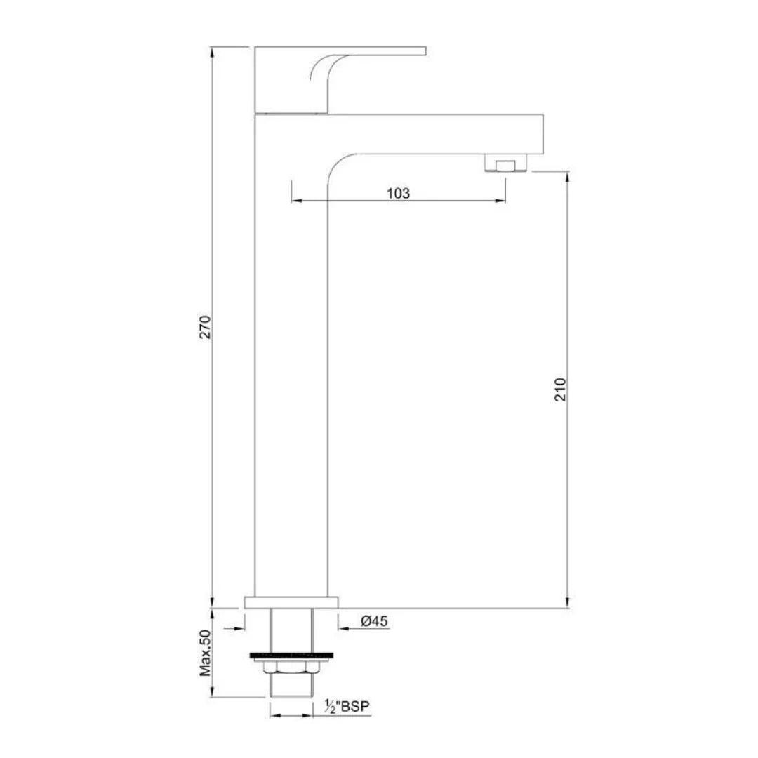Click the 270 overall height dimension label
coord(205,327)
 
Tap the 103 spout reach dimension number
coord(398,193)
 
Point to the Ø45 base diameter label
coord(374,621)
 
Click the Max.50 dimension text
coord(206,653)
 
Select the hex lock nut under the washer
coord(290,667)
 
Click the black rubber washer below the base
coord(290,657)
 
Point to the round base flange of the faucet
coord(291,602)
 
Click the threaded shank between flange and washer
coord(290,630)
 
